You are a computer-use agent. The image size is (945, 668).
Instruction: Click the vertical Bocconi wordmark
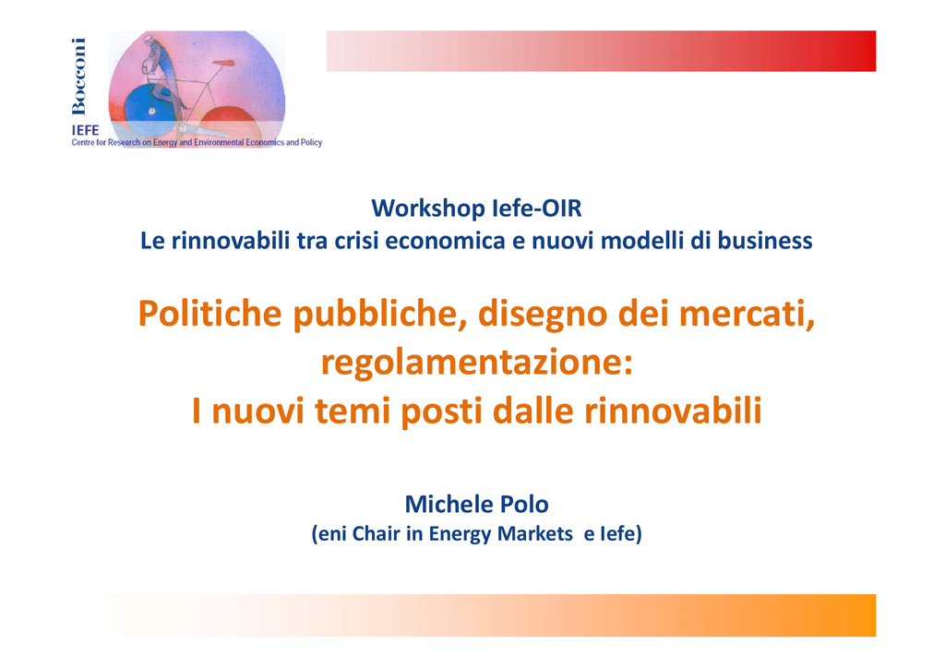tap(79, 76)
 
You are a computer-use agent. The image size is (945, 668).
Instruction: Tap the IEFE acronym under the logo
tap(85, 130)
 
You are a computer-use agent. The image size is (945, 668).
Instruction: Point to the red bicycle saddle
tap(222, 62)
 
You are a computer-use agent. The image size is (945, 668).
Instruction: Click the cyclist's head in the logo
tap(149, 41)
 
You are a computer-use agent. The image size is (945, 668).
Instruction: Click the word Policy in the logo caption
tap(312, 143)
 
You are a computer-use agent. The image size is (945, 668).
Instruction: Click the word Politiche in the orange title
tap(209, 314)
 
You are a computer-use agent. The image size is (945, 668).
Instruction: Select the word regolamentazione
tap(477, 363)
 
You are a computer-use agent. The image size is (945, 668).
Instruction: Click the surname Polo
tap(519, 504)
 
